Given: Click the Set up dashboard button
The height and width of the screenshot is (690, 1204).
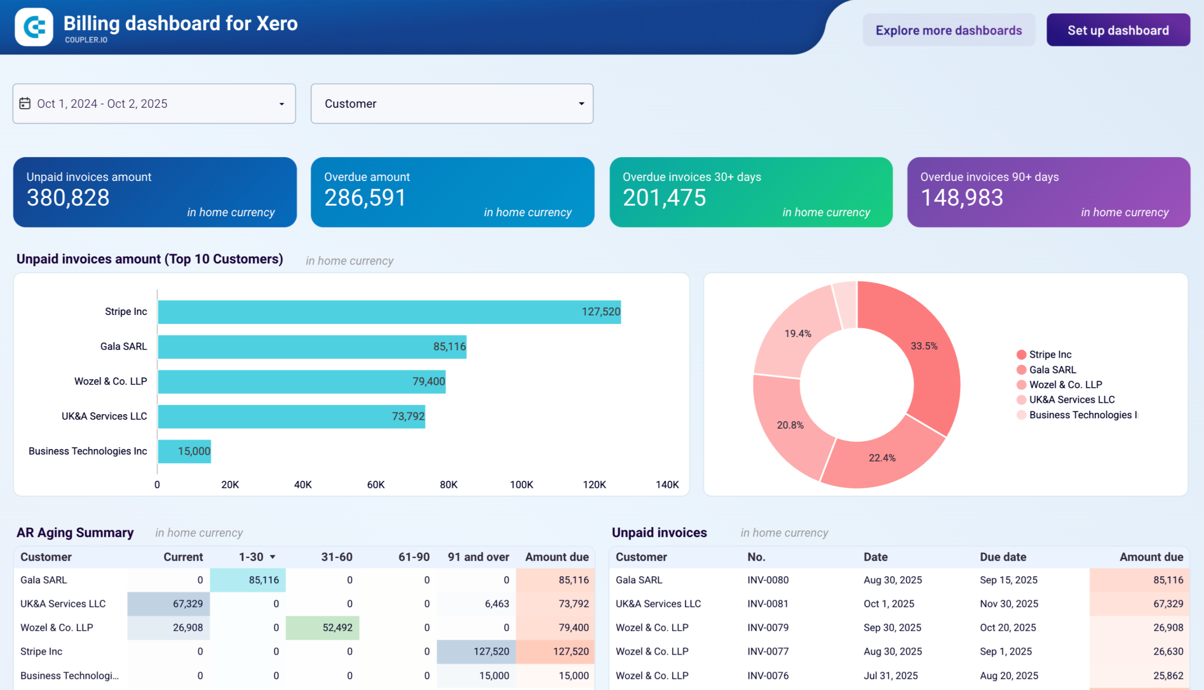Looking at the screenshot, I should pyautogui.click(x=1117, y=31).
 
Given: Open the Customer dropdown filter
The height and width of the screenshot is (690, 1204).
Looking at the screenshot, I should pyautogui.click(x=451, y=104).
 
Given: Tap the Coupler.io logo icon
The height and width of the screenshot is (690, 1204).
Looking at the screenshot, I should pyautogui.click(x=34, y=27).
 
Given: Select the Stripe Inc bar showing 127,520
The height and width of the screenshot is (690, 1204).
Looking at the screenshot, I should pyautogui.click(x=389, y=312).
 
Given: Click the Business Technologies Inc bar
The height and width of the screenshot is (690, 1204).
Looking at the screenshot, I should pyautogui.click(x=184, y=451).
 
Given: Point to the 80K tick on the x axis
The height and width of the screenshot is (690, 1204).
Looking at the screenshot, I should pyautogui.click(x=448, y=485).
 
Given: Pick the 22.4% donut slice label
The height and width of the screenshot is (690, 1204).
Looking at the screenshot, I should pyautogui.click(x=881, y=458).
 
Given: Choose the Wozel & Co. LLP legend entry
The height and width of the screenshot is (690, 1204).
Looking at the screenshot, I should pyautogui.click(x=1065, y=385).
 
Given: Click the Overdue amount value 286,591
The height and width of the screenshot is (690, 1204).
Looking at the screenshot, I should pyautogui.click(x=365, y=198).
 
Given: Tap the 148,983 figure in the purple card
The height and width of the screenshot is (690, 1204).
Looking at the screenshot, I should pyautogui.click(x=961, y=198).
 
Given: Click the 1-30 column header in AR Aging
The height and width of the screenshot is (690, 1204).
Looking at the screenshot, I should pyautogui.click(x=251, y=557).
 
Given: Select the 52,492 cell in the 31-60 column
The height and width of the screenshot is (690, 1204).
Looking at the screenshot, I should pyautogui.click(x=337, y=627).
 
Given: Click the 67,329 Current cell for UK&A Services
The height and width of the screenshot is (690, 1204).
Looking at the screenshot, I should pyautogui.click(x=188, y=604).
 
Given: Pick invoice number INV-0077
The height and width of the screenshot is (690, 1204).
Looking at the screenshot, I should pyautogui.click(x=768, y=651).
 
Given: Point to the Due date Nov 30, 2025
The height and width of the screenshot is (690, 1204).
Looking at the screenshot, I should pyautogui.click(x=1009, y=604).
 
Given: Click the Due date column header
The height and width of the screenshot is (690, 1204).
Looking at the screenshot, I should pyautogui.click(x=1002, y=557).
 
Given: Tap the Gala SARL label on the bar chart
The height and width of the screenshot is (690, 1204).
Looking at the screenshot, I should pyautogui.click(x=123, y=346).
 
